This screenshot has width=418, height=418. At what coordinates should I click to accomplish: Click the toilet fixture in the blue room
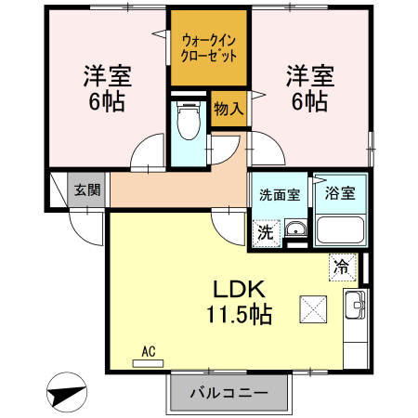(189, 120)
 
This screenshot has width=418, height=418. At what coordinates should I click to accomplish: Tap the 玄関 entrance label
(87, 189)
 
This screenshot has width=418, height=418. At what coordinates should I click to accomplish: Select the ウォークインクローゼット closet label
(209, 48)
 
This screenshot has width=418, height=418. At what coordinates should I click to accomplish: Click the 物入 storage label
(229, 109)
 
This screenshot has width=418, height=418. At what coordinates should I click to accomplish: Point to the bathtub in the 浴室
(340, 229)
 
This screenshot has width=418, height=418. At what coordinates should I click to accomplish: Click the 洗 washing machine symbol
(266, 233)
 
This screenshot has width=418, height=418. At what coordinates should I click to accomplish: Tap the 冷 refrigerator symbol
(342, 268)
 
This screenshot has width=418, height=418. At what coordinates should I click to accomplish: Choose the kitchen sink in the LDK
(355, 305)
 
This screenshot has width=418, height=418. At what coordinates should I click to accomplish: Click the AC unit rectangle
(148, 363)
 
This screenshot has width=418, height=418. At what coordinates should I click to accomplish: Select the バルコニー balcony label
(229, 393)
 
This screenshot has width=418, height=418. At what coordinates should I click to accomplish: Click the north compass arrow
(66, 394)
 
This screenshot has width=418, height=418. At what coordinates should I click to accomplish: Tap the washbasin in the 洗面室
(296, 229)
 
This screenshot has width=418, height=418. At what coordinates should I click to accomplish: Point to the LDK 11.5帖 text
(240, 302)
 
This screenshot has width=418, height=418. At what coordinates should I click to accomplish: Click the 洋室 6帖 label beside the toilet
(107, 88)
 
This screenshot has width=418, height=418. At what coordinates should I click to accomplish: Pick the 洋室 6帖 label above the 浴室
(309, 88)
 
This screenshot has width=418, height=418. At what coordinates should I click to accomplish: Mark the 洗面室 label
(280, 195)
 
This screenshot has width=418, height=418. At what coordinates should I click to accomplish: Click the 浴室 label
(340, 193)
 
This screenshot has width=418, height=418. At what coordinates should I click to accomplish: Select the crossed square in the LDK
(313, 309)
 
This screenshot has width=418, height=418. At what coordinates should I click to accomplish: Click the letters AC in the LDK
(149, 352)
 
